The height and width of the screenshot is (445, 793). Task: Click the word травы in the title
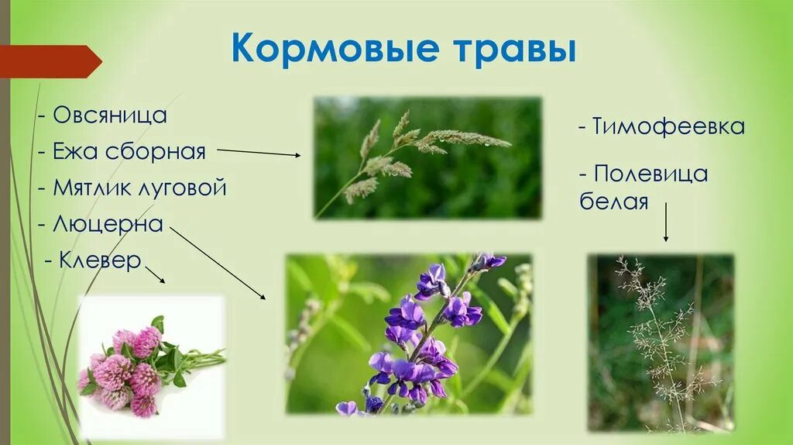coord(508,50)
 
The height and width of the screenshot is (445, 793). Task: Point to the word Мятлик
coord(91,188)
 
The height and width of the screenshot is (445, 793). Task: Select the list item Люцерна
coord(108,224)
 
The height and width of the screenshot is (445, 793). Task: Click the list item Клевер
coord(101,260)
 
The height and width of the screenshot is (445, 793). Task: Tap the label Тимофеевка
coord(668,127)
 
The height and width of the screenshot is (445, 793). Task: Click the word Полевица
coord(650,173)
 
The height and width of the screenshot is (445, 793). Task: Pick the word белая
coord(613,202)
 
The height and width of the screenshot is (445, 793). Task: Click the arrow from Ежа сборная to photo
coord(259,152)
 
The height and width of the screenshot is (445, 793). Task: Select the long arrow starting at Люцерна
coord(217,263)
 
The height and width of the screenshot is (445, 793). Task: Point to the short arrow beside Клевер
coord(155,273)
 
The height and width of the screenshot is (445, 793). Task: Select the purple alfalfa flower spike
coord(422,333)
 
